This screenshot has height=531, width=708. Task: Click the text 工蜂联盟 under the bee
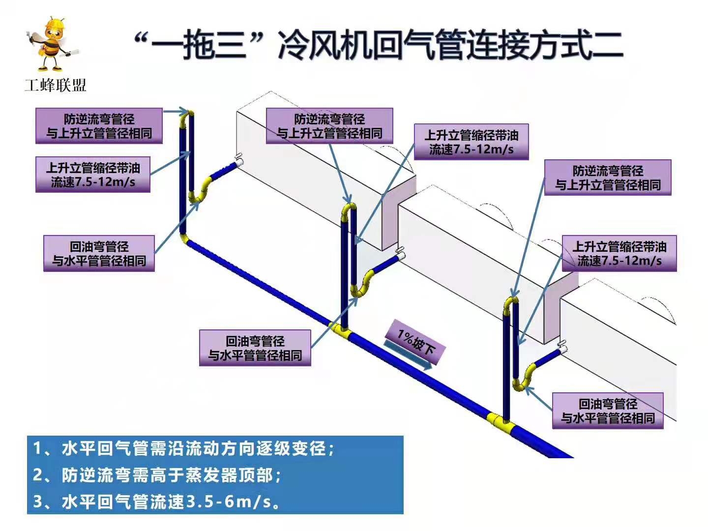[x=56, y=86]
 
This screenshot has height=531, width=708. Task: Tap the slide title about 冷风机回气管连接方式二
[x=379, y=45]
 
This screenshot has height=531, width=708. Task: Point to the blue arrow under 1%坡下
[x=408, y=354]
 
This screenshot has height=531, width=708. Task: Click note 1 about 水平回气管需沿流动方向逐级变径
[x=184, y=448]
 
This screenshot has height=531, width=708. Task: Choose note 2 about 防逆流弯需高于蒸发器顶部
[x=157, y=475]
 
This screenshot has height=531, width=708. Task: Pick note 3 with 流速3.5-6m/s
[x=157, y=501]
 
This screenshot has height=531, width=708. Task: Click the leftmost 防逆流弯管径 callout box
[x=99, y=126]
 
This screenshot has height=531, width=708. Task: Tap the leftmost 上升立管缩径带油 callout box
[x=93, y=175]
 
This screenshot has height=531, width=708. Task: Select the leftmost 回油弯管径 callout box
[x=99, y=253]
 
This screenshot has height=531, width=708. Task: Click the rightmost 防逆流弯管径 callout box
[x=608, y=177]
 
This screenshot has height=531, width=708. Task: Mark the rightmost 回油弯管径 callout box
[x=608, y=411]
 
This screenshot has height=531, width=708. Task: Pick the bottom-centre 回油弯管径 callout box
[x=255, y=348]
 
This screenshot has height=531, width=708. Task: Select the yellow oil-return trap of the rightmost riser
[x=525, y=378]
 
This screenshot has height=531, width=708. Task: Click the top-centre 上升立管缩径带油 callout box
[x=471, y=142]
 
